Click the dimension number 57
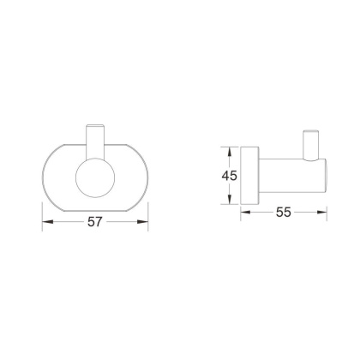tap(94, 222)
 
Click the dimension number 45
tap(230, 176)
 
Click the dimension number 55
tap(284, 212)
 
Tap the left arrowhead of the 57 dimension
tap(48, 222)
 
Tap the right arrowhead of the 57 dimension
tap(143, 222)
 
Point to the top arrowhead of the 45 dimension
tap(230, 153)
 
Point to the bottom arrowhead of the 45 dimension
tap(230, 199)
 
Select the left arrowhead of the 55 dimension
tap(246, 212)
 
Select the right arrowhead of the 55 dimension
tap(322, 212)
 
